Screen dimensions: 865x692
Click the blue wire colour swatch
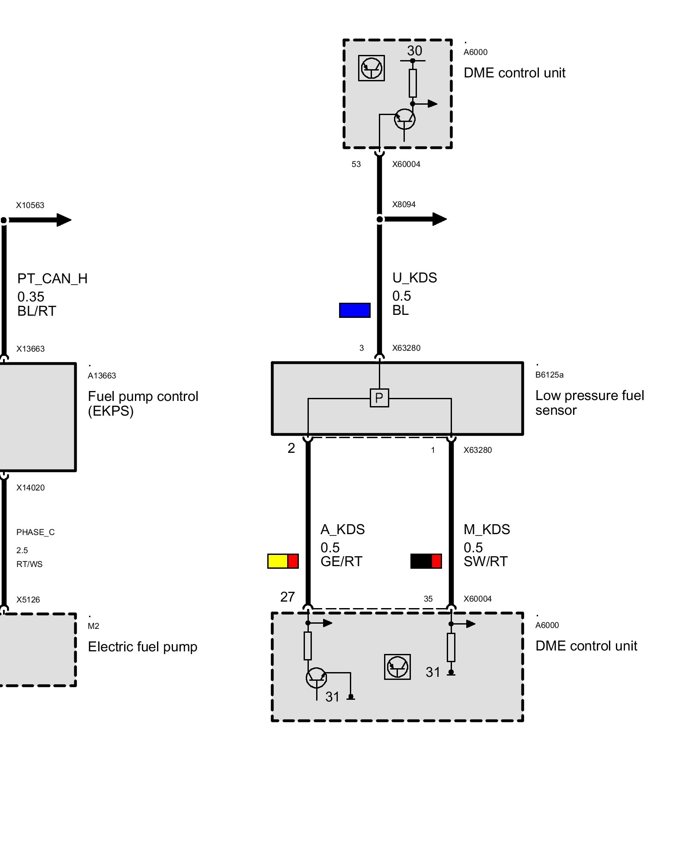coord(355,310)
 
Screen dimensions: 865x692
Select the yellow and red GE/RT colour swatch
coord(283,561)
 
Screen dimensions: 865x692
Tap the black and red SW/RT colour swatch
coord(426,561)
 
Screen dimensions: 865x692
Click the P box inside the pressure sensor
coord(379,398)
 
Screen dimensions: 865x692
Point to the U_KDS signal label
coord(414,278)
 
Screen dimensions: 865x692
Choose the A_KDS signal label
coord(343,529)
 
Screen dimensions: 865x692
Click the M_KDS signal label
coord(487,529)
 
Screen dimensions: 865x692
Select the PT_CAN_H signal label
coord(52,279)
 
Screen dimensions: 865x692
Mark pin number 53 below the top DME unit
coord(356,164)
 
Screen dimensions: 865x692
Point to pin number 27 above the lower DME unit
coord(287,597)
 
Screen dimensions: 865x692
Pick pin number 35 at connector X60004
coord(428,599)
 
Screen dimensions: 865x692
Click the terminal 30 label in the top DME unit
coord(414,51)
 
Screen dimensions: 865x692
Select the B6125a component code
coord(549,375)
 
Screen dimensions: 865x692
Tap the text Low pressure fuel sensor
coord(589,403)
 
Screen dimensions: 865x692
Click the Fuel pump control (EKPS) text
coord(143,404)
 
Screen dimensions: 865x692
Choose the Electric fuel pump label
coord(142,647)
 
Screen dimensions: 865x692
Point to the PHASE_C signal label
coord(35,532)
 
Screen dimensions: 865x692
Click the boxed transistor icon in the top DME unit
coord(372,68)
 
